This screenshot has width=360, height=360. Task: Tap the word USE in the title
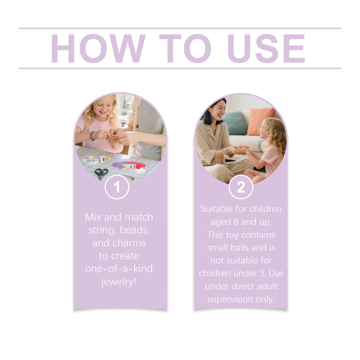pyautogui.click(x=266, y=49)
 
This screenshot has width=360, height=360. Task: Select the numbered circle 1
pyautogui.click(x=117, y=187)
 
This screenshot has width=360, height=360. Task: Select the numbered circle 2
pyautogui.click(x=241, y=187)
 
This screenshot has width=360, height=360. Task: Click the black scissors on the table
pyautogui.click(x=101, y=173)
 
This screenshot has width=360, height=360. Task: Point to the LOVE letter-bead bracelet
pyautogui.click(x=97, y=159)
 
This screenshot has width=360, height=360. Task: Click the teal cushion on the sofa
pyautogui.click(x=234, y=123)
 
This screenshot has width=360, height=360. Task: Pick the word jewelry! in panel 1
pyautogui.click(x=119, y=282)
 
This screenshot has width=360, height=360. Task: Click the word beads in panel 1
pyautogui.click(x=135, y=230)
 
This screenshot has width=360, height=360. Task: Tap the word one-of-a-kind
pyautogui.click(x=119, y=269)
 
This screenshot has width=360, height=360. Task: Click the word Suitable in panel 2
pyautogui.click(x=216, y=209)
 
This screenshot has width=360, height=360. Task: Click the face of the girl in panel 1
pyautogui.click(x=103, y=107)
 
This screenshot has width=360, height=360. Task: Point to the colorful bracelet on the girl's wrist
pyautogui.click(x=92, y=136)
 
